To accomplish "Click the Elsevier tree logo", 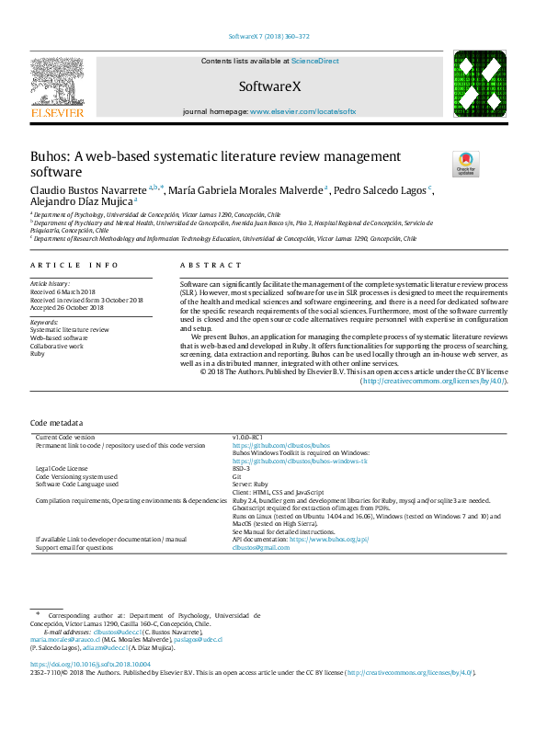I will point(57,86).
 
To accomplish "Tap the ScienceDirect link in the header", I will point(314,62).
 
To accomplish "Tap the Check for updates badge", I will point(465,164).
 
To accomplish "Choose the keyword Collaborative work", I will point(57,346).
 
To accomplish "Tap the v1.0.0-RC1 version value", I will point(247,437).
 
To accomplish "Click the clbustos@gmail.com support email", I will point(260,547).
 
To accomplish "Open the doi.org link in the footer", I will point(90,664).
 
